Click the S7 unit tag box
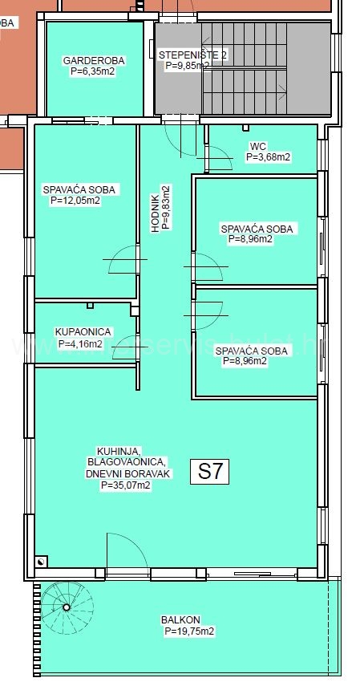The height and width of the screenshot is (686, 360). click(x=209, y=472)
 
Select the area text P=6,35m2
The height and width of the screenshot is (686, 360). click(x=92, y=71)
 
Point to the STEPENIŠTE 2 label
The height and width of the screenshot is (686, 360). click(x=192, y=55)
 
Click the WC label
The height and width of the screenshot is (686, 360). click(x=257, y=146)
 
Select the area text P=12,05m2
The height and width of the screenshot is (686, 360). click(x=75, y=201)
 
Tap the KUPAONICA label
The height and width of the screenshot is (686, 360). click(x=83, y=332)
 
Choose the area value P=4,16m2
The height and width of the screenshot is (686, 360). click(x=80, y=344)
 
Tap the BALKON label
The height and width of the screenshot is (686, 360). click(x=180, y=620)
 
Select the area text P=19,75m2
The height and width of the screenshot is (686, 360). click(x=189, y=631)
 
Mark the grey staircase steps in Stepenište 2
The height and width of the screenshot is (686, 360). click(x=265, y=68)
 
